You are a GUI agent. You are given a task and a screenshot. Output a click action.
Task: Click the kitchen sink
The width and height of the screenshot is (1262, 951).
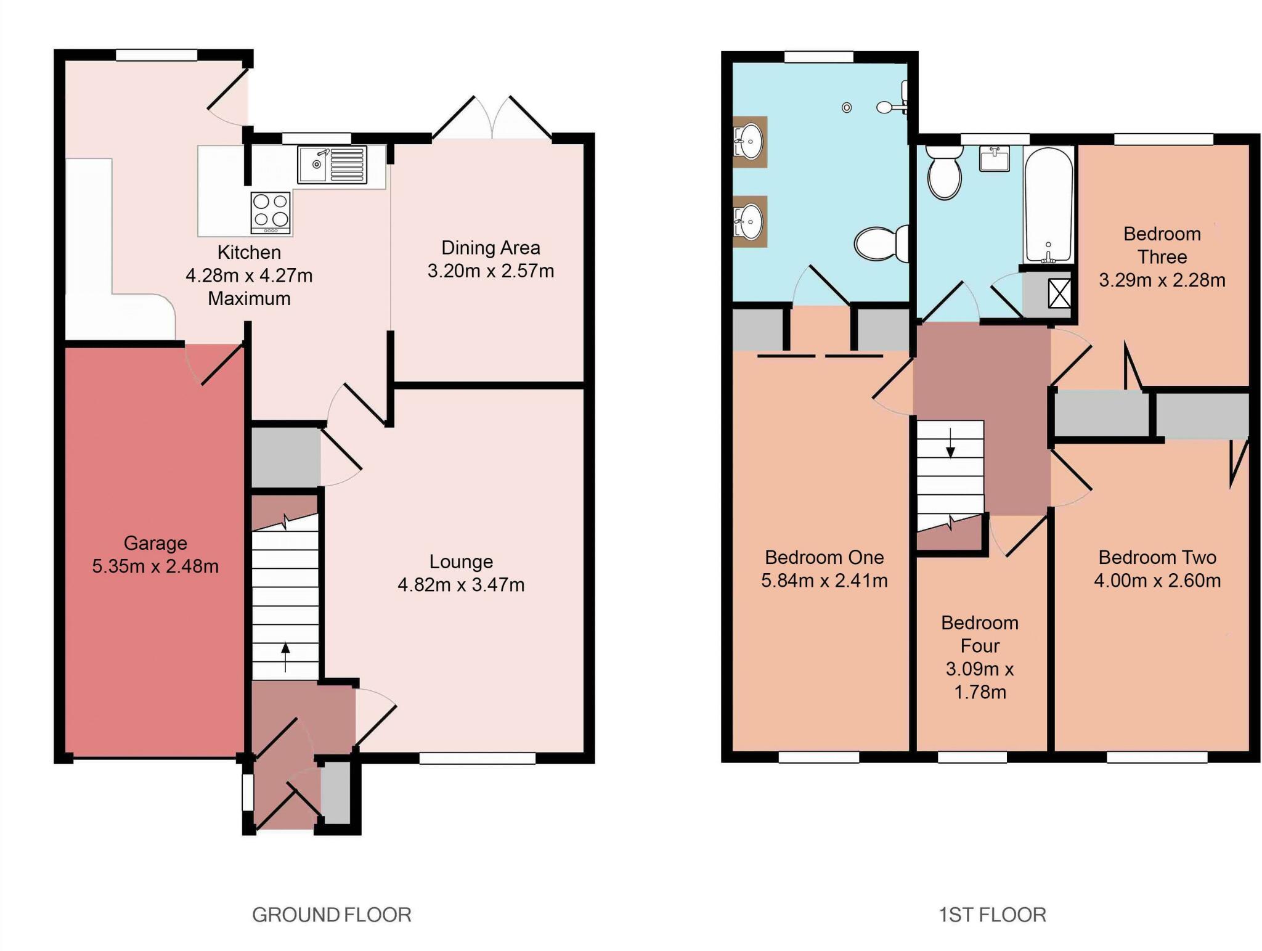332,165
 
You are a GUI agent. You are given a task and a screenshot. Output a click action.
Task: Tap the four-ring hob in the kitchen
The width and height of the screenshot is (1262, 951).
271,213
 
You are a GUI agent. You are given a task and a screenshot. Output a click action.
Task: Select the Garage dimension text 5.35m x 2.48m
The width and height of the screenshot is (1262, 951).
155,566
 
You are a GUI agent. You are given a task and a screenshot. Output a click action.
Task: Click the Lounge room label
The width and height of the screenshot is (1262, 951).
461,561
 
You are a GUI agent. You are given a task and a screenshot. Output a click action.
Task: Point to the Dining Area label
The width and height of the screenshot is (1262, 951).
491,248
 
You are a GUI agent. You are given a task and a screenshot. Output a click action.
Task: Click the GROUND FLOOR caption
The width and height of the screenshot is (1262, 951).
332,915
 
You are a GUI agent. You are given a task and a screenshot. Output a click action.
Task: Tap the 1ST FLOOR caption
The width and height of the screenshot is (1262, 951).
992,915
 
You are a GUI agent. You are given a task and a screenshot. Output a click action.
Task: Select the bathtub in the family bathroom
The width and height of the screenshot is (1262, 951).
1048,205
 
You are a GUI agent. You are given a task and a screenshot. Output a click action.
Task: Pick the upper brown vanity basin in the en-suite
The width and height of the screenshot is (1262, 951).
749,142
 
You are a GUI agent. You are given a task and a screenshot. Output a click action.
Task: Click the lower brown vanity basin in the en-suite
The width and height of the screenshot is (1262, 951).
749,221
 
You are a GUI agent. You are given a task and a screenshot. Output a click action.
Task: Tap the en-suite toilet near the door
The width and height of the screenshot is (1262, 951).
882,244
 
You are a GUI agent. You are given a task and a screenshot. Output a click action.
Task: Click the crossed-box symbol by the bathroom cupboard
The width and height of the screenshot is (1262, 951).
1059,293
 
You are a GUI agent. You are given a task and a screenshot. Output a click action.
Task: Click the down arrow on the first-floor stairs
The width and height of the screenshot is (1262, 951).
950,443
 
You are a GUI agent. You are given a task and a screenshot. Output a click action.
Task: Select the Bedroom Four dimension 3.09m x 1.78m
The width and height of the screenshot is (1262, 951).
980,680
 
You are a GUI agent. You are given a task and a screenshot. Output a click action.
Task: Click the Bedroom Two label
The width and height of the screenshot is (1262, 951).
1157,557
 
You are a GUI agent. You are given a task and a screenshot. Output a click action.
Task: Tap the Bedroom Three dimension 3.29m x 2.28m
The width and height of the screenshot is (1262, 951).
1162,280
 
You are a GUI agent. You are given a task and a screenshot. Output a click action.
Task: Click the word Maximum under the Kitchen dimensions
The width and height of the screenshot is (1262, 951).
249,299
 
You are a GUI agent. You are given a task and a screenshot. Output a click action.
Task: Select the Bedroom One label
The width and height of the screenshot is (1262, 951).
824,557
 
